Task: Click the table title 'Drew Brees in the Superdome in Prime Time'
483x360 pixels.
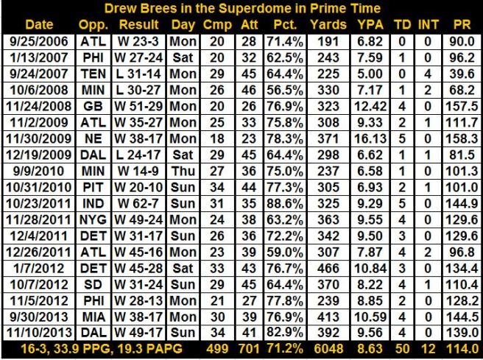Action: click(241, 9)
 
